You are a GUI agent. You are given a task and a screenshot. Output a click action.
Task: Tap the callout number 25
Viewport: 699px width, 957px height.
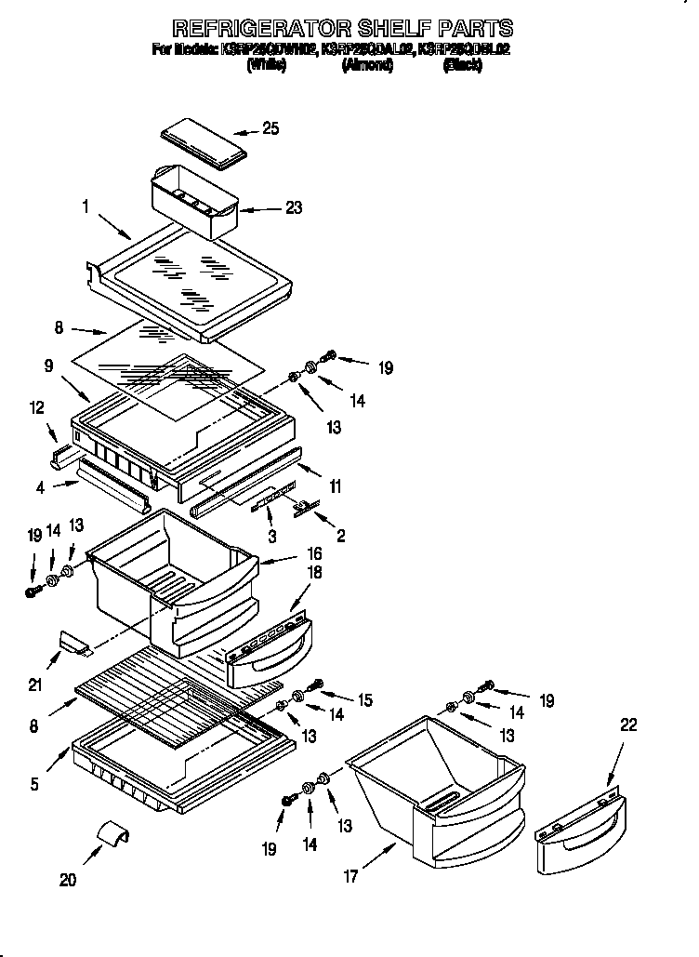click(270, 129)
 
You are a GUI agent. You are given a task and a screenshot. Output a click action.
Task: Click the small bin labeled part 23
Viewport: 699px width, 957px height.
click(193, 201)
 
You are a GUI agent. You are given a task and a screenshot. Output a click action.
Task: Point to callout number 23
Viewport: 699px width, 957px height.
click(294, 207)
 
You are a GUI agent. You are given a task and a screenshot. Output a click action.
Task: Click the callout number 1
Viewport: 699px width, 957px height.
click(85, 208)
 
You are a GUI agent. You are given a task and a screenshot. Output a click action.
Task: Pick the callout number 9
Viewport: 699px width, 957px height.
click(49, 366)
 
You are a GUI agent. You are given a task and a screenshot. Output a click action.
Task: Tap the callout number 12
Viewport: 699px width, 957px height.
click(36, 407)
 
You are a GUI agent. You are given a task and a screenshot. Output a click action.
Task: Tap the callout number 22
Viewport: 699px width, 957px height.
click(628, 726)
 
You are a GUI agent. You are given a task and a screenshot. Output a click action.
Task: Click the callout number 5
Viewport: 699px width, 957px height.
click(34, 784)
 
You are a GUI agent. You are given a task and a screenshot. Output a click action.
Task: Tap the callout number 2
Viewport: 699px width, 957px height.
click(341, 536)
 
